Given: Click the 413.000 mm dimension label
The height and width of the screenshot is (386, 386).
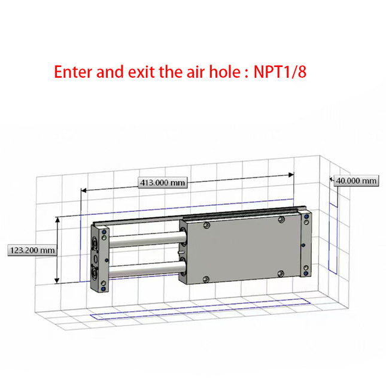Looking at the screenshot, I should click(x=163, y=183).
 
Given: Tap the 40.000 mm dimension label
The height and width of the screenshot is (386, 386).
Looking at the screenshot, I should click(x=356, y=181).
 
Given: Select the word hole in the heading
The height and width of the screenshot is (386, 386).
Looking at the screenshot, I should click(x=221, y=72).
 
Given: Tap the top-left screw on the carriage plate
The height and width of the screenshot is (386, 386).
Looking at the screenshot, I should click(x=206, y=226).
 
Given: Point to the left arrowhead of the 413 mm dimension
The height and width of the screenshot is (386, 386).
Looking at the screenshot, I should click(x=84, y=190).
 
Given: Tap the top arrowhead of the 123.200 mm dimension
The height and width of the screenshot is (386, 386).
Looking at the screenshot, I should click(x=57, y=220).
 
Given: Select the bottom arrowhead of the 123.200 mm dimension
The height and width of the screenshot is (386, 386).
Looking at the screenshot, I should click(x=57, y=281).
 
